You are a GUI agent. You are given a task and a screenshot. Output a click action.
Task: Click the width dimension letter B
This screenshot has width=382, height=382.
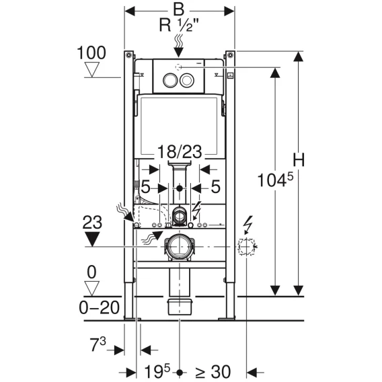point(179,9)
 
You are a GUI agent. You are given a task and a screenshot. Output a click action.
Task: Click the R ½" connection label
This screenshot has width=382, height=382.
point(180,25)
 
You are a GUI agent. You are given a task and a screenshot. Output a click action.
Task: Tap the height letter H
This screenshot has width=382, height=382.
point(299,160)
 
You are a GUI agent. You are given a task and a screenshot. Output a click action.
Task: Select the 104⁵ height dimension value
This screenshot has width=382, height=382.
point(275,180)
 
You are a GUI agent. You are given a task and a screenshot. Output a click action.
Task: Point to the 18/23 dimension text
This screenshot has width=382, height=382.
point(180,151)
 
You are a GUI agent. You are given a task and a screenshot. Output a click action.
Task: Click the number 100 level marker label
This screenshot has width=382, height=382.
point(91,52)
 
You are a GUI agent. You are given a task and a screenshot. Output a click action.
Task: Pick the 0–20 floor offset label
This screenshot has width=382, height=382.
point(100,307)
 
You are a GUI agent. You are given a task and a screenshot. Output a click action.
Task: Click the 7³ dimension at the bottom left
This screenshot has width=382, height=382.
point(98,344)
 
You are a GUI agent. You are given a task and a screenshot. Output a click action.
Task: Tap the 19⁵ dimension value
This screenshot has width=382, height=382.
point(157,371)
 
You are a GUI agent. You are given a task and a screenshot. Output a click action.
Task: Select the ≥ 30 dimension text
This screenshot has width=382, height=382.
point(213,372)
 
